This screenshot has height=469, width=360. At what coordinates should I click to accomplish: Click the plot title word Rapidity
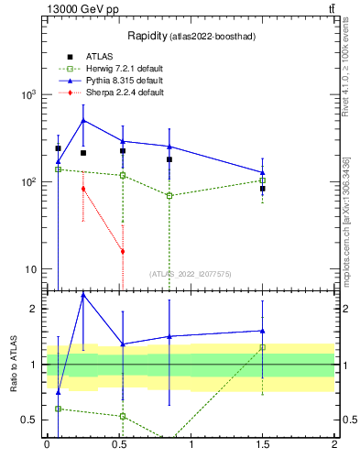[147, 37]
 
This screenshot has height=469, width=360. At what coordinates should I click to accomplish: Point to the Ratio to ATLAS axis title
[14, 364]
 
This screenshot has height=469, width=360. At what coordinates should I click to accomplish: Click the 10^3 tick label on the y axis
[27, 95]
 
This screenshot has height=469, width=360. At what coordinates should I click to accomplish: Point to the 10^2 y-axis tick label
[27, 182]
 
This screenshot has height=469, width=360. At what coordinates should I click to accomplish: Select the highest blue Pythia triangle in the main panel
[83, 120]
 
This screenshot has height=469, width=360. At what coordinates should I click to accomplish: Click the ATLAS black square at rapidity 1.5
[262, 188]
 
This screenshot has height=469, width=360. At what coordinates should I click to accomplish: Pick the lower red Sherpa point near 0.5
[123, 251]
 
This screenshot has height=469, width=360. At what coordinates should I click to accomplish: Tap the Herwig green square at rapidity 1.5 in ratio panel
[262, 347]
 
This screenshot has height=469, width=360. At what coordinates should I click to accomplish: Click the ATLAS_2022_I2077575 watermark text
[191, 273]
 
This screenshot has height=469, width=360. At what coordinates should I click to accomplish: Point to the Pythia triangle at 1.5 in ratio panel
[262, 331]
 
